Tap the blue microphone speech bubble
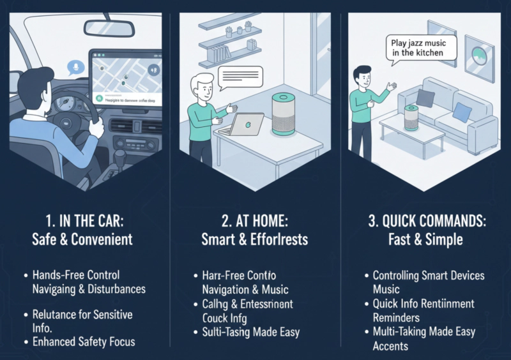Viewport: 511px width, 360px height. pyautogui.click(x=75, y=66)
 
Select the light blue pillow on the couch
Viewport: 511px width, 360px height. pyautogui.click(x=462, y=112)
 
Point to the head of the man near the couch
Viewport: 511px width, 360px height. pyautogui.click(x=362, y=74)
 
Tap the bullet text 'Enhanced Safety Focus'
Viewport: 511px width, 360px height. pyautogui.click(x=84, y=341)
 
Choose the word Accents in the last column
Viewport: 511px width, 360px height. pyautogui.click(x=390, y=346)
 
